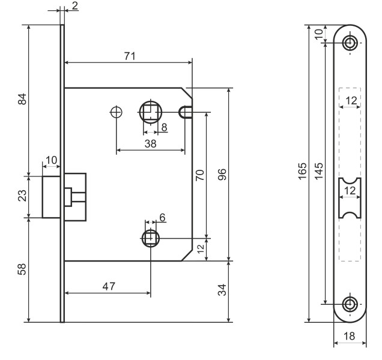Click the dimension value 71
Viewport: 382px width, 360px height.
[x=129, y=55]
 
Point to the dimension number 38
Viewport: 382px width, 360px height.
[x=151, y=144]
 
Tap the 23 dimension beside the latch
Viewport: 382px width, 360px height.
[x=22, y=196]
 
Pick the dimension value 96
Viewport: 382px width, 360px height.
[x=222, y=175]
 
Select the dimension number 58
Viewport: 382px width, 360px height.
[x=22, y=270]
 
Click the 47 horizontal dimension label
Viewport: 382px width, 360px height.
[x=108, y=287]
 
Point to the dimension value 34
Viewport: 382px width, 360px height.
[x=222, y=292]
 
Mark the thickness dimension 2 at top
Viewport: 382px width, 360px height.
[x=74, y=5]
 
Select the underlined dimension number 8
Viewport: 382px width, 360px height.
[x=164, y=127]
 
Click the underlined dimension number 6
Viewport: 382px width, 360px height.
[x=162, y=217]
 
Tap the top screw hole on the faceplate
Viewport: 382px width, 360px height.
[x=350, y=42]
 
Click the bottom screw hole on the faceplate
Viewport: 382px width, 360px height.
[x=350, y=304]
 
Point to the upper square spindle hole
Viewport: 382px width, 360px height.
[x=150, y=112]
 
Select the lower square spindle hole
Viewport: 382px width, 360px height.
[x=151, y=238]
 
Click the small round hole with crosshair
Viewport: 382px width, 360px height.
[x=117, y=112]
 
